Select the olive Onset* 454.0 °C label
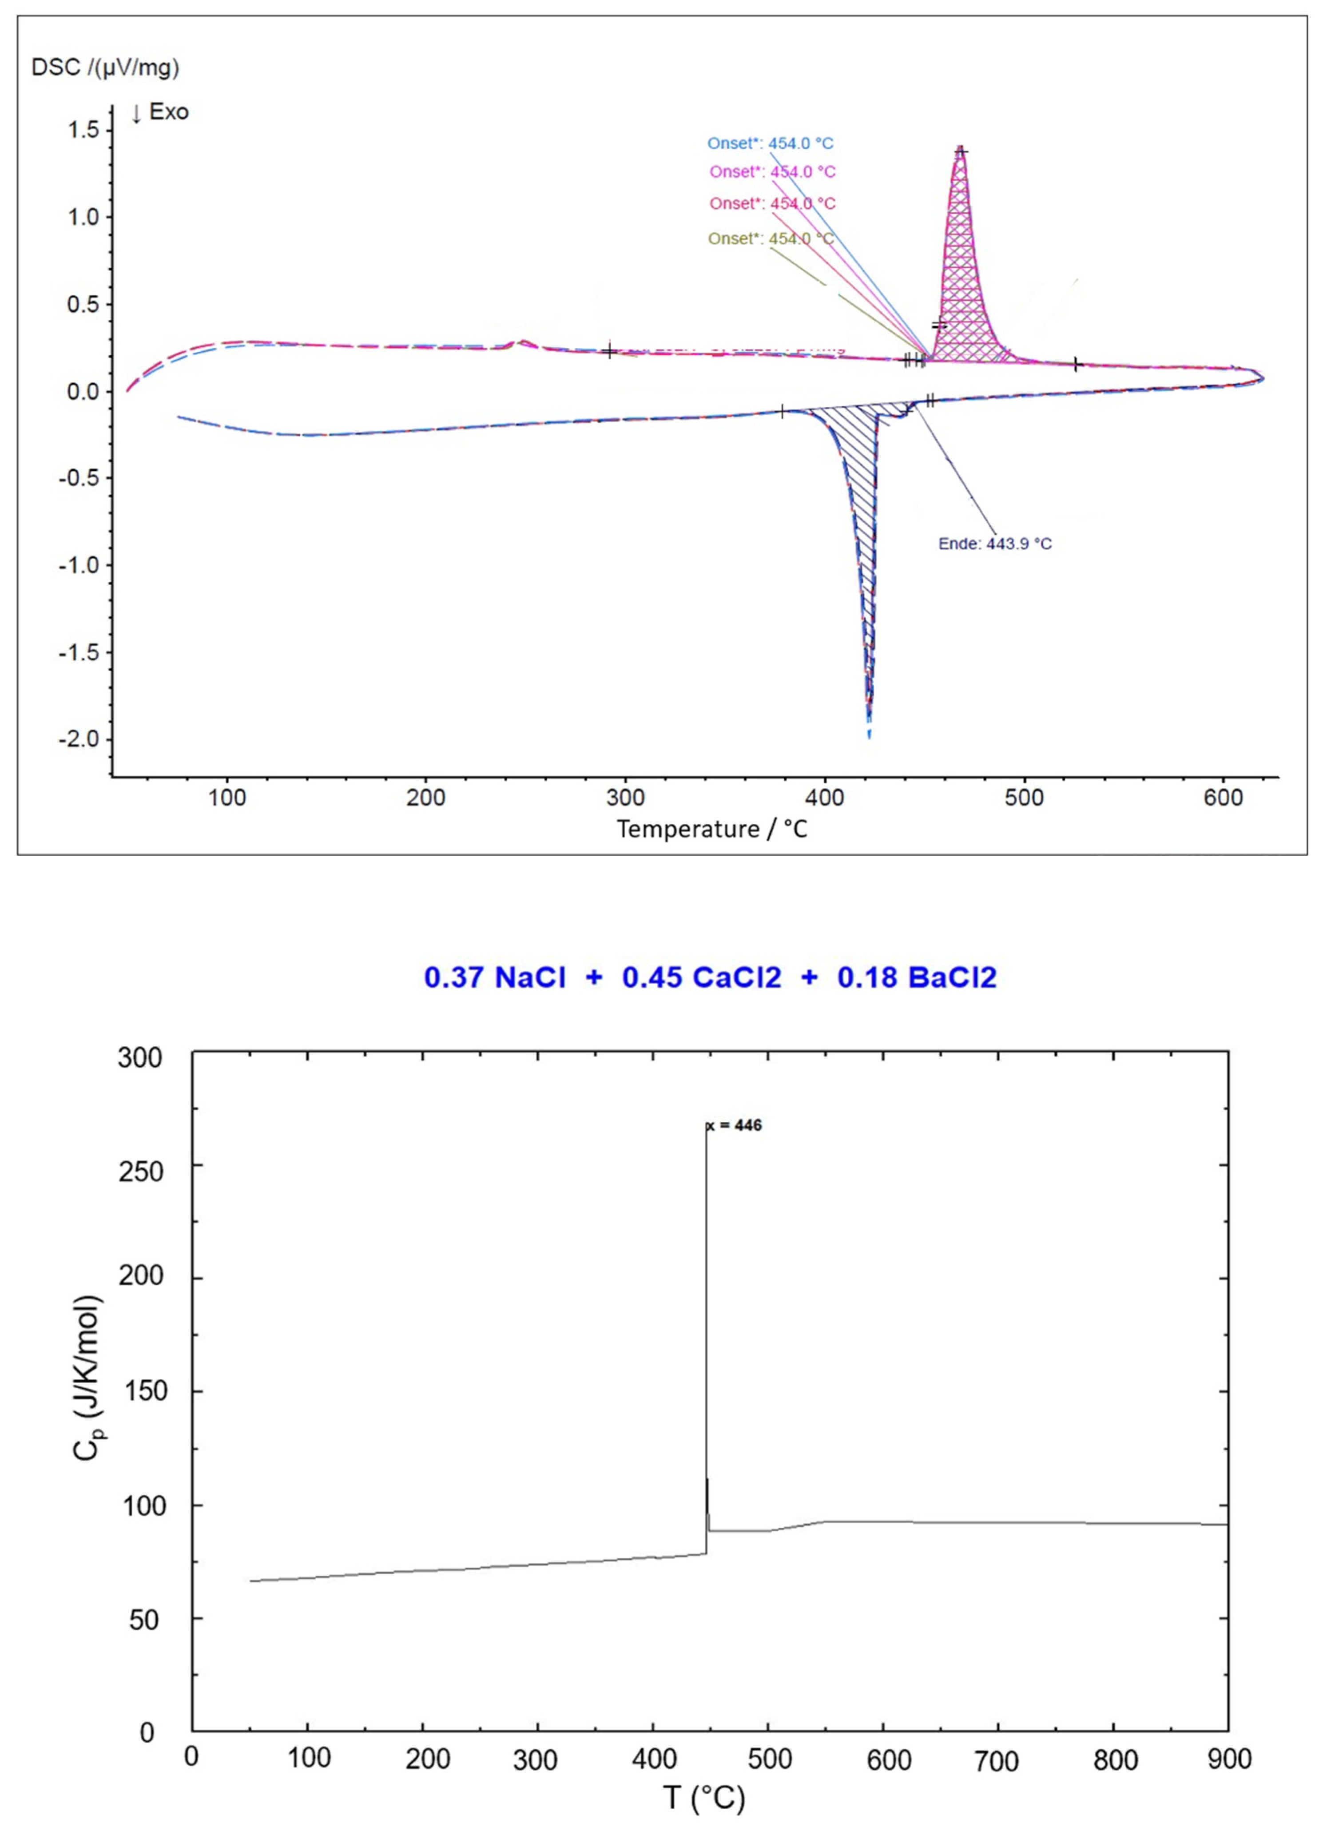pyautogui.click(x=770, y=238)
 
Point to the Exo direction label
pyautogui.click(x=160, y=112)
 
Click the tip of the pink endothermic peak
pyautogui.click(x=961, y=148)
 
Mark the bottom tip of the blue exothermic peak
pyautogui.click(x=869, y=734)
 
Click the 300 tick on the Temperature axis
pyautogui.click(x=625, y=798)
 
